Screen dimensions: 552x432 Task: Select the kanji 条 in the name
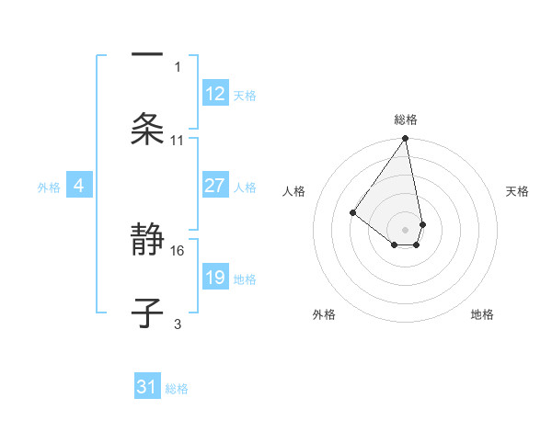coord(147,129)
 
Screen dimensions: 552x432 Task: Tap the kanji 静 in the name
coord(147,242)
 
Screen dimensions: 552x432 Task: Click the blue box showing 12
coord(215,94)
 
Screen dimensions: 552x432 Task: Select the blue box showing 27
coord(215,186)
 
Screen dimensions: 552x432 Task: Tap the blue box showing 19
coord(215,278)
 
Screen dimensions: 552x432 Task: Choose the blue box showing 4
coord(79,186)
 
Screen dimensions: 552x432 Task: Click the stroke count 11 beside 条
coord(178,141)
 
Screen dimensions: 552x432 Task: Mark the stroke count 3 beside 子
coord(178,324)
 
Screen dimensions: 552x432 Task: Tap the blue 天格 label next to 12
coord(245,96)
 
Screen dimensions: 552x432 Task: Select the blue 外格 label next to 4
coord(49,188)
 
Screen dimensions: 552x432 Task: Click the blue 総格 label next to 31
coord(177,389)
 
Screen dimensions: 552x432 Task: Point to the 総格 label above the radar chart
coord(406,119)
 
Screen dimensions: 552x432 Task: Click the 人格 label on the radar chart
coord(293,191)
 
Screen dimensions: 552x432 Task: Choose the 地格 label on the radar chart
coord(482,314)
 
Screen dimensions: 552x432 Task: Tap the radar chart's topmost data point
coord(405,139)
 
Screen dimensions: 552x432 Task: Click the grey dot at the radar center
coord(405,229)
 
